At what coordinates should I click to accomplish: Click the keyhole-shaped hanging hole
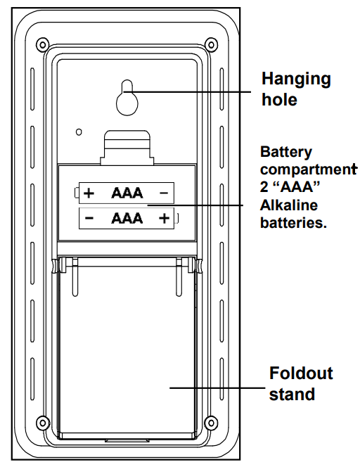pyautogui.click(x=127, y=98)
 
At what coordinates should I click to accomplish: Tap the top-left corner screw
pyautogui.click(x=43, y=45)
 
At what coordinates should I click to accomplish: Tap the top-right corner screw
pyautogui.click(x=211, y=45)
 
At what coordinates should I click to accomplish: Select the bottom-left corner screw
pyautogui.click(x=43, y=422)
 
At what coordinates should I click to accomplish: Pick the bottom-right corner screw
pyautogui.click(x=211, y=422)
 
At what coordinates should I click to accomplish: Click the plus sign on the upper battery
pyautogui.click(x=89, y=193)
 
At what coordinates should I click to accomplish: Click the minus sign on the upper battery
pyautogui.click(x=164, y=193)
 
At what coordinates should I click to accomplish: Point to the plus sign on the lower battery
pyautogui.click(x=164, y=219)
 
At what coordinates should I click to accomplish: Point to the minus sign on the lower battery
pyautogui.click(x=89, y=219)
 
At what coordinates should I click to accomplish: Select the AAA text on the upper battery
pyautogui.click(x=127, y=193)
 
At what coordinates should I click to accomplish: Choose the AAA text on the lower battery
pyautogui.click(x=127, y=219)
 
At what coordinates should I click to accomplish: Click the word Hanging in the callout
pyautogui.click(x=296, y=79)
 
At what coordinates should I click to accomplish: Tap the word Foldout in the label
pyautogui.click(x=301, y=373)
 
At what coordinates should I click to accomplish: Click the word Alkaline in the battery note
pyautogui.click(x=289, y=205)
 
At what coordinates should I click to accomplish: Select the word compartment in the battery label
pyautogui.click(x=309, y=170)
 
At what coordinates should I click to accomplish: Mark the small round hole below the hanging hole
pyautogui.click(x=79, y=132)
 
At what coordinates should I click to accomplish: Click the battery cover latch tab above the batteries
pyautogui.click(x=127, y=148)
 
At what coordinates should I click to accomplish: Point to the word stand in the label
pyautogui.click(x=292, y=394)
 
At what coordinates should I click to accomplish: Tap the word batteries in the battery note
pyautogui.click(x=293, y=222)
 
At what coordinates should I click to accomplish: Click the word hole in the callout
pyautogui.click(x=279, y=99)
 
